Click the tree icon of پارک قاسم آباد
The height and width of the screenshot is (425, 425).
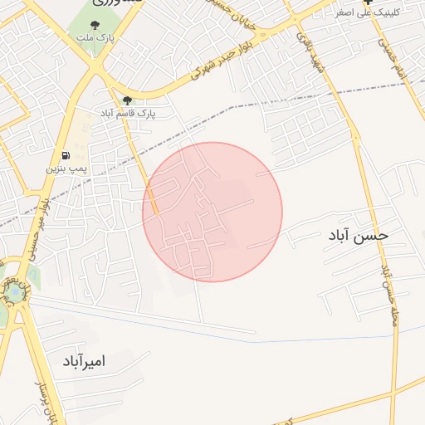click(x=127, y=100)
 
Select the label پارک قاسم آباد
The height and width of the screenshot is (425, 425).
click(x=135, y=112)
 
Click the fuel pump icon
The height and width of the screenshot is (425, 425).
click(x=65, y=155)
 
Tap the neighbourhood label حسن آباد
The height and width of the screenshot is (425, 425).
click(x=359, y=236)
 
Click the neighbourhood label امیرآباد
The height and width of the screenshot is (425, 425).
click(x=90, y=362)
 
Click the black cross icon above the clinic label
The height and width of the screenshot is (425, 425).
click(x=369, y=2)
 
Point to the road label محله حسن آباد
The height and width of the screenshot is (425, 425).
click(x=387, y=299)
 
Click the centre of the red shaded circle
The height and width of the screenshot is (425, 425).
click(x=212, y=212)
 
